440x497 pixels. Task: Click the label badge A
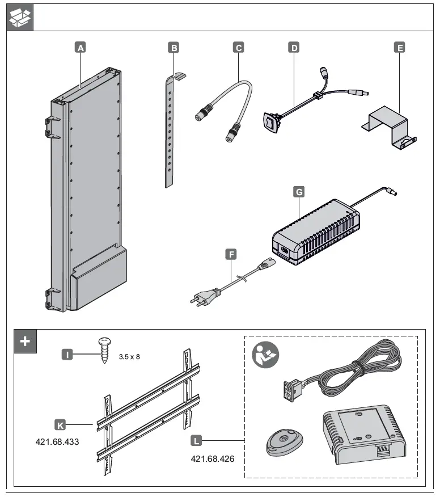81,48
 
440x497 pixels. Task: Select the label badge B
174,48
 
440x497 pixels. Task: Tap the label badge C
239,48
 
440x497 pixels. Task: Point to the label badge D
294,48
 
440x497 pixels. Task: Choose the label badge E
400,48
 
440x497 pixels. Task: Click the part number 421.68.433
57,441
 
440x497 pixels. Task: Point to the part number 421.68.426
213,458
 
